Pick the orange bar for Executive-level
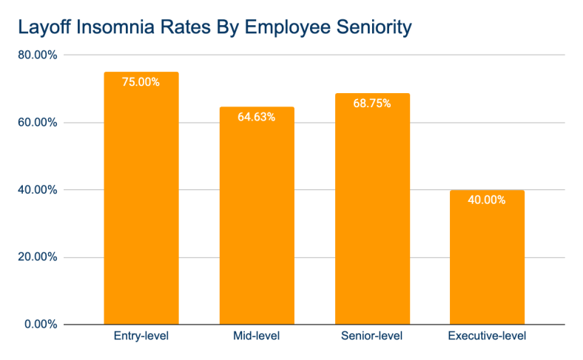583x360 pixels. [487, 259]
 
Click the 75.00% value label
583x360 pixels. [141, 82]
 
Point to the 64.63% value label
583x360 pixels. [257, 117]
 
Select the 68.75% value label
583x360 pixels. [372, 103]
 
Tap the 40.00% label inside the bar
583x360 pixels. [487, 200]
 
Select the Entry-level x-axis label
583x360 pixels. [141, 337]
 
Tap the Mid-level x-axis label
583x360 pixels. [257, 337]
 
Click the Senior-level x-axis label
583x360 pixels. [372, 337]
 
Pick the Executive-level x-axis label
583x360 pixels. [487, 337]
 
